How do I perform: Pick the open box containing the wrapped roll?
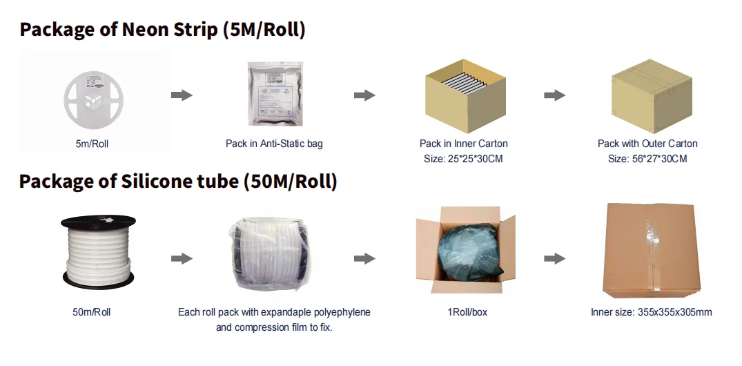click(466, 253)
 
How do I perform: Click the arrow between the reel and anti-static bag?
click(182, 95)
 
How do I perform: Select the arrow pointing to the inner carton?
click(364, 95)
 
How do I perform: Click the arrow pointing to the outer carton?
click(554, 95)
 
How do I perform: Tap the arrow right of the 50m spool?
click(182, 258)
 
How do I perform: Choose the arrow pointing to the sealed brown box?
click(554, 258)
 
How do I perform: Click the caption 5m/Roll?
click(91, 144)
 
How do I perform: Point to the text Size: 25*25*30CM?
click(463, 159)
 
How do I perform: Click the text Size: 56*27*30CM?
click(647, 159)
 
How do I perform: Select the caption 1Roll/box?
click(467, 312)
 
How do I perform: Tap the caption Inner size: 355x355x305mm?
click(651, 312)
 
